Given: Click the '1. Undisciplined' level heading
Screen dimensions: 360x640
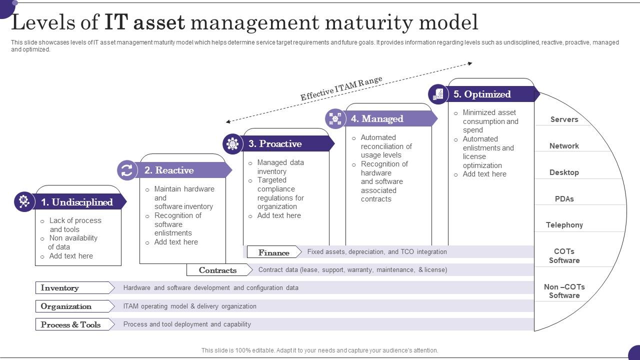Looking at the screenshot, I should (x=77, y=202).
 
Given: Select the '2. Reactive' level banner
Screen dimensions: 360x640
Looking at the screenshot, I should (x=169, y=170).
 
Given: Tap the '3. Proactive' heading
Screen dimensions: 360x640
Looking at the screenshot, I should (x=275, y=143).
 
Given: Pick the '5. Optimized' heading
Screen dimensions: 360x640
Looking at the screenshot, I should (x=482, y=94).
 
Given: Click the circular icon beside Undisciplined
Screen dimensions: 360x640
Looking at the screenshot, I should (x=24, y=201).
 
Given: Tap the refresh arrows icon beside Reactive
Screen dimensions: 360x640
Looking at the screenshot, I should (x=127, y=170).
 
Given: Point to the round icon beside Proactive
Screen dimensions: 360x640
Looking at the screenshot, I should (x=232, y=143).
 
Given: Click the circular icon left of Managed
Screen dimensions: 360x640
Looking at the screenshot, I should (x=335, y=118).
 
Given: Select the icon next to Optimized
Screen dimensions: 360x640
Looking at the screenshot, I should (x=438, y=94).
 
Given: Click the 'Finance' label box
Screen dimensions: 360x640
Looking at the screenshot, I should (x=273, y=252).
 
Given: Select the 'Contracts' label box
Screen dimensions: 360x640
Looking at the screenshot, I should (x=217, y=270).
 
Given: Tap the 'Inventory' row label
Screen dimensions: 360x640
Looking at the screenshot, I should (x=59, y=288).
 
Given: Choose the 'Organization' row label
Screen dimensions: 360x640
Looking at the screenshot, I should (x=66, y=306).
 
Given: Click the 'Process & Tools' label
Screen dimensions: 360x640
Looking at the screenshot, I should (x=70, y=324).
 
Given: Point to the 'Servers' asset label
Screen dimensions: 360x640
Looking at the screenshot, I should (x=564, y=119).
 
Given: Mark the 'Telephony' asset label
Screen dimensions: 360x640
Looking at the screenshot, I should (x=564, y=225).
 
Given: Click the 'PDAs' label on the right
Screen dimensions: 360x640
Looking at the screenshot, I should (x=564, y=199).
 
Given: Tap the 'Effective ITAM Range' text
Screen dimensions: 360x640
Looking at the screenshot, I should (x=341, y=88).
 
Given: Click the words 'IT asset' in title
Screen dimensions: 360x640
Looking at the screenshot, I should (x=145, y=22).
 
